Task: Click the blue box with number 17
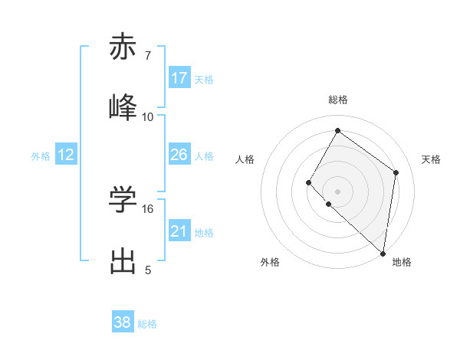179,78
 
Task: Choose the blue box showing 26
179,155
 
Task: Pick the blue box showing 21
179,231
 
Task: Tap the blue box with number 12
66,155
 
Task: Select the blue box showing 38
123,322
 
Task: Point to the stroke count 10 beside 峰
147,116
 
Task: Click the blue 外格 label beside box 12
41,155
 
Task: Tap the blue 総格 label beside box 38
147,324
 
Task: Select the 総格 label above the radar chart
337,100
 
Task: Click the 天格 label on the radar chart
431,159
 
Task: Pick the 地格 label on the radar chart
402,262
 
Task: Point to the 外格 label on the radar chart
270,262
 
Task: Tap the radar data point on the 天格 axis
396,172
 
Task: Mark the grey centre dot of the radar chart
337,191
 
